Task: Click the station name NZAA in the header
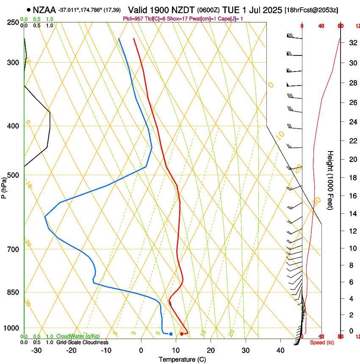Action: pyautogui.click(x=44, y=10)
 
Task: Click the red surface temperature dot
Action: pyautogui.click(x=182, y=334)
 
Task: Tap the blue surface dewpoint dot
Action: pyautogui.click(x=171, y=334)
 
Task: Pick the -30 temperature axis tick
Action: pyautogui.click(x=36, y=350)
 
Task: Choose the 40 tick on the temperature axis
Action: pyautogui.click(x=280, y=350)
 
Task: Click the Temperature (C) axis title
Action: pyautogui.click(x=182, y=359)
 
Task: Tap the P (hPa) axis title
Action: pyautogui.click(x=4, y=186)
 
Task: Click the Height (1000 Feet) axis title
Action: pyautogui.click(x=330, y=180)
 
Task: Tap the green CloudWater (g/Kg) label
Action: pyautogui.click(x=78, y=336)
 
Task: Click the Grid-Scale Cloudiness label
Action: pyautogui.click(x=82, y=342)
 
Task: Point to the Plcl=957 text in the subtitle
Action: pyautogui.click(x=134, y=19)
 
